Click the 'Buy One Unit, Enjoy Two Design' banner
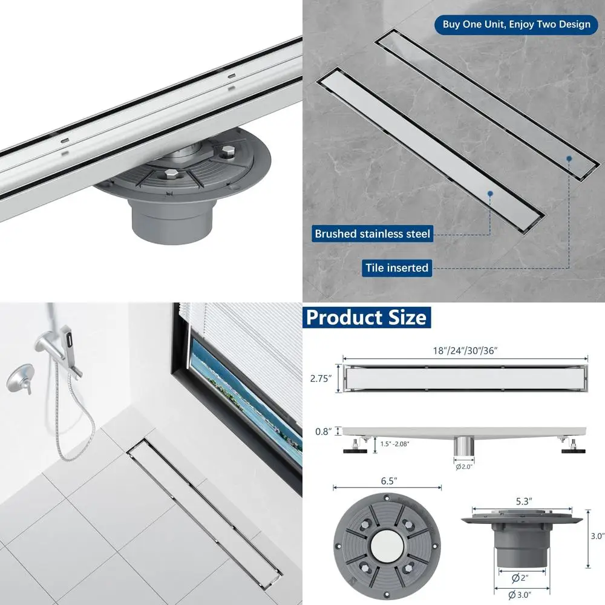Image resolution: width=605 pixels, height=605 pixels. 516,24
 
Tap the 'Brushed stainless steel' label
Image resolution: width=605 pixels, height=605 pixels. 372,234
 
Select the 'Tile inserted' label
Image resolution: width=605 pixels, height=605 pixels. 396,267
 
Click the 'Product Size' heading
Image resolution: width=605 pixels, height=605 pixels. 366,317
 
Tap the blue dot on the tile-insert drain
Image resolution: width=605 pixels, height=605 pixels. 569,159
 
